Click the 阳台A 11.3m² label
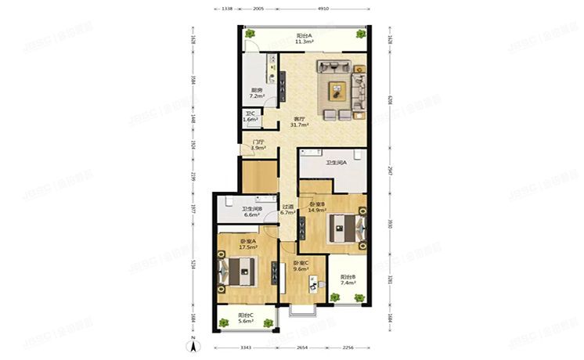click(305, 38)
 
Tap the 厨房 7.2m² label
click(257, 93)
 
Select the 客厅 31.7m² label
click(299, 121)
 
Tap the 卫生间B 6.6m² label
click(253, 212)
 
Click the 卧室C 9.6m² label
click(301, 265)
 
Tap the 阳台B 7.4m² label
click(348, 280)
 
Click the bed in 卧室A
click(238, 271)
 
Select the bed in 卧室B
click(348, 228)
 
